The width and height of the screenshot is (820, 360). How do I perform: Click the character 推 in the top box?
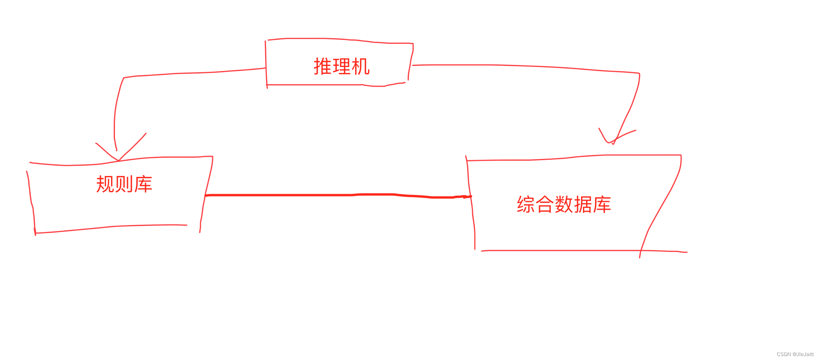[323, 66]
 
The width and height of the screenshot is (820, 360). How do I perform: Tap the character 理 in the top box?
[341, 66]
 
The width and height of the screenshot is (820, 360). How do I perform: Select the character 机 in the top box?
[361, 66]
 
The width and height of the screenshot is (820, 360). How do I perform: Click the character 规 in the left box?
[105, 184]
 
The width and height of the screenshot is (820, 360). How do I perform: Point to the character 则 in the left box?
[124, 184]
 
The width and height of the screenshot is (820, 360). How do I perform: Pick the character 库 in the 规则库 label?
[143, 184]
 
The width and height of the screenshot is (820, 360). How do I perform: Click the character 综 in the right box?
[526, 204]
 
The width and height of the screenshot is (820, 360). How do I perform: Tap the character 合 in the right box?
[545, 204]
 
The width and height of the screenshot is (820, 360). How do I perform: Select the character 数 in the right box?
[564, 204]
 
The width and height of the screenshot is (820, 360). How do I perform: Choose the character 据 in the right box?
[583, 204]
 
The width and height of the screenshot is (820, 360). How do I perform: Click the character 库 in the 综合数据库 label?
[602, 204]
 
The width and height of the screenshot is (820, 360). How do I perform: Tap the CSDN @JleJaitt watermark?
[795, 354]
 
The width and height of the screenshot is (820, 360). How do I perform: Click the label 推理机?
[341, 66]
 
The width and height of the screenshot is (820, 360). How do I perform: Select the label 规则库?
[124, 184]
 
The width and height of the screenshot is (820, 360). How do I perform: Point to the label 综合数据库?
[564, 204]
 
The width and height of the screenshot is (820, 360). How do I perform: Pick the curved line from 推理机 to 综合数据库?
[530, 66]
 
